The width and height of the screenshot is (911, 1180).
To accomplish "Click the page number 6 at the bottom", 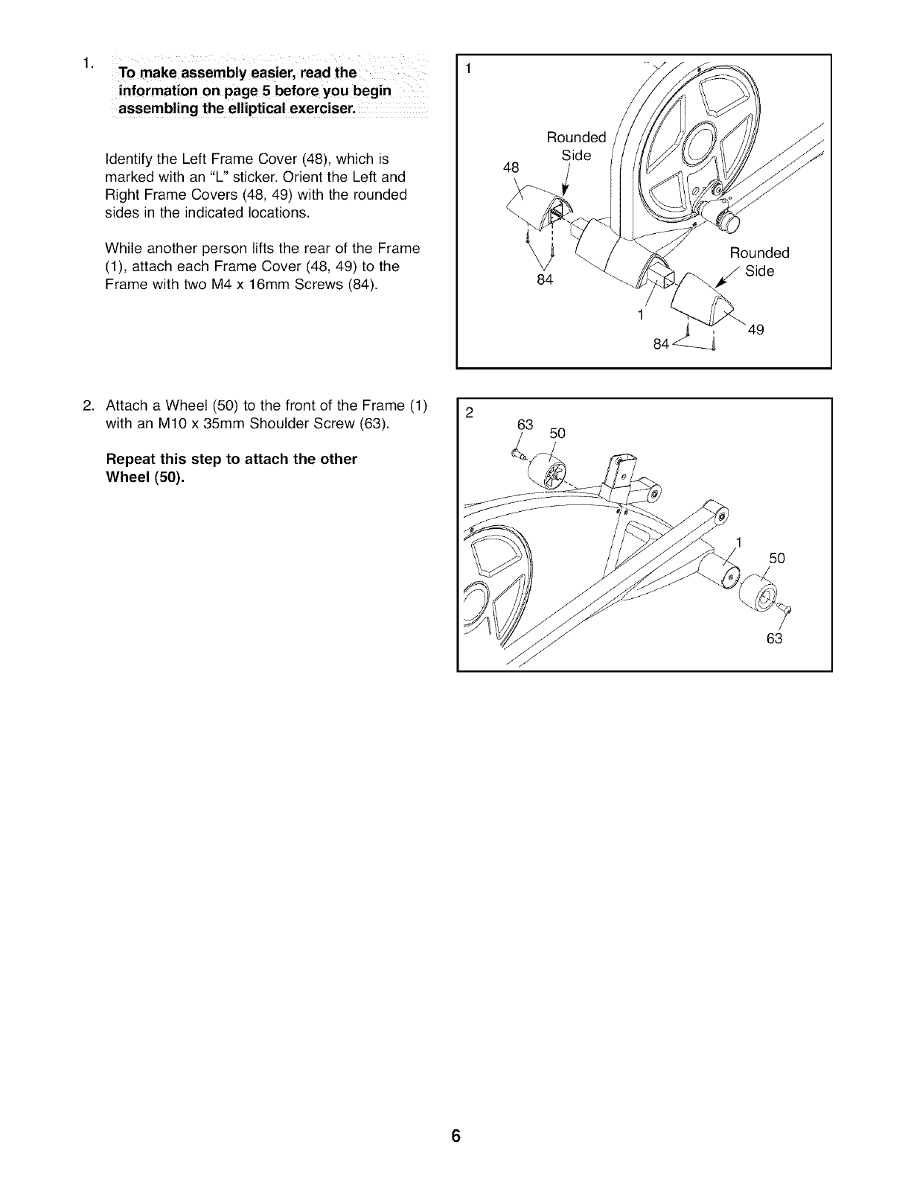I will click(x=455, y=1136).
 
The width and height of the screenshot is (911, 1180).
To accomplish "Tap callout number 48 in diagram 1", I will click(x=511, y=168).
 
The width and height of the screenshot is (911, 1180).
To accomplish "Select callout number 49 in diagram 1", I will click(x=756, y=330).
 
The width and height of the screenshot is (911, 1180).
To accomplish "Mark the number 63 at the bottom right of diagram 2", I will click(x=774, y=638).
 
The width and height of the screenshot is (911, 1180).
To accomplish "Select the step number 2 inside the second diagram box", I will click(x=469, y=415).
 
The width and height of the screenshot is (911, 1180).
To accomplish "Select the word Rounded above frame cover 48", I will click(x=576, y=137).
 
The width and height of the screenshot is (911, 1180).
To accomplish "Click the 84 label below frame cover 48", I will click(x=545, y=279).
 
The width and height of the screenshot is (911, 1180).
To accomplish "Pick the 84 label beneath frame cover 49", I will click(x=661, y=343).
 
